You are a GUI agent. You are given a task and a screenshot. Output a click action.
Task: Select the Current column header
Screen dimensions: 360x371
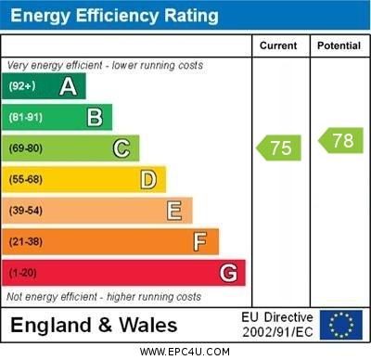[278, 45]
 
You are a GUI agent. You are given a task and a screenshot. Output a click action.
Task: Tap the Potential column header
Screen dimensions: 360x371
[339, 45]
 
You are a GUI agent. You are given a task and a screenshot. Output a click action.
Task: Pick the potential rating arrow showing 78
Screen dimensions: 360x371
[340, 141]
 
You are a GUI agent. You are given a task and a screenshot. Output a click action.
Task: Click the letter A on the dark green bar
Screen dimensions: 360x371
[68, 86]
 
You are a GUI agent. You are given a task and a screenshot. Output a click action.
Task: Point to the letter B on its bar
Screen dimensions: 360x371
[95, 117]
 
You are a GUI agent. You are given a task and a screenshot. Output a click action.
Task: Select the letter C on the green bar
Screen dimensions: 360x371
[122, 148]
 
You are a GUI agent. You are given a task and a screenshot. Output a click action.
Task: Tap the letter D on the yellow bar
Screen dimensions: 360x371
[148, 179]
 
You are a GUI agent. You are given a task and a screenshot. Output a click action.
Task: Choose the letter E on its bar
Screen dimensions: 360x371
[174, 211]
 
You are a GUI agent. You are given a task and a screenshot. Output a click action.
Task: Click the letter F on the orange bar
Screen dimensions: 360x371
[200, 242]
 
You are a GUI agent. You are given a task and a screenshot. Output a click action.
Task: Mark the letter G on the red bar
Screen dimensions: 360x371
[228, 274]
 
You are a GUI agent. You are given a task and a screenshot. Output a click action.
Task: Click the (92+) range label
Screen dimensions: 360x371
[22, 86]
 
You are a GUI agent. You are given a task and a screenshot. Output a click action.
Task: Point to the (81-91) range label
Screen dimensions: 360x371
[26, 118]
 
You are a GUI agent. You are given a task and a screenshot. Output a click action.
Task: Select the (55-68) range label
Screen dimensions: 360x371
[26, 180]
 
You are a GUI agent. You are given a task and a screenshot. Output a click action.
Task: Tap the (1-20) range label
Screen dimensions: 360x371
[23, 274]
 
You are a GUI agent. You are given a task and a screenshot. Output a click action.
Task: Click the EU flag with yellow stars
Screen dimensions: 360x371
[341, 325]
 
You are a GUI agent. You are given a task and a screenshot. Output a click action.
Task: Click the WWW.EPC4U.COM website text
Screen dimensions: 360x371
[185, 352]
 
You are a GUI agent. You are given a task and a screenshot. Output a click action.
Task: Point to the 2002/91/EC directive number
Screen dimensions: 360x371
[277, 331]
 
